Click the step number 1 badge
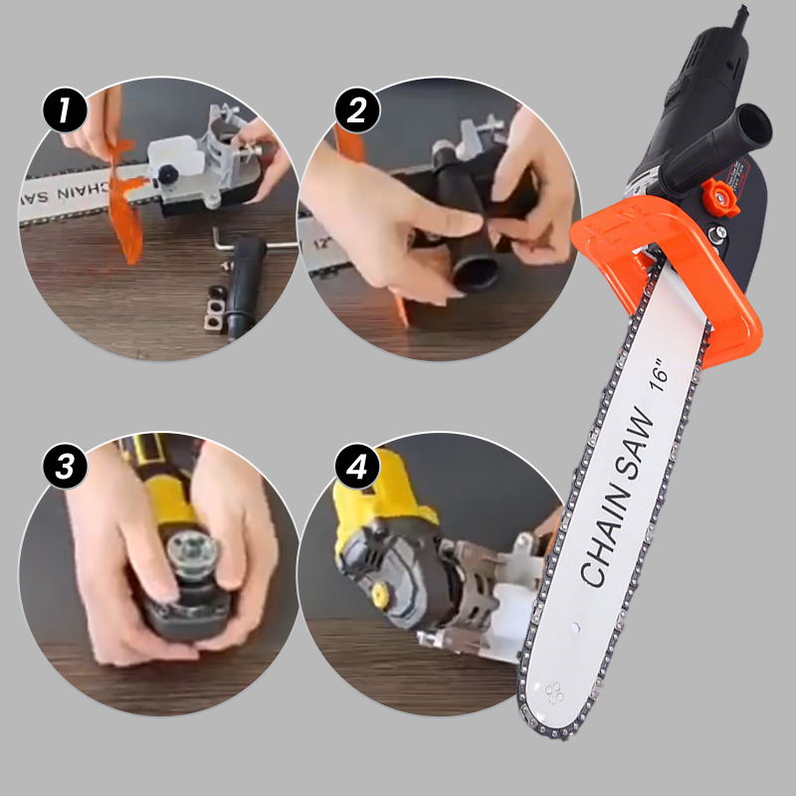pyautogui.click(x=66, y=109)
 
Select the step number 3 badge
pyautogui.click(x=66, y=467)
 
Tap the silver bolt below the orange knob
pyautogui.click(x=714, y=237)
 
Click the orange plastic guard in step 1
pyautogui.click(x=123, y=199)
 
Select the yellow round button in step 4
pyautogui.click(x=379, y=594)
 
